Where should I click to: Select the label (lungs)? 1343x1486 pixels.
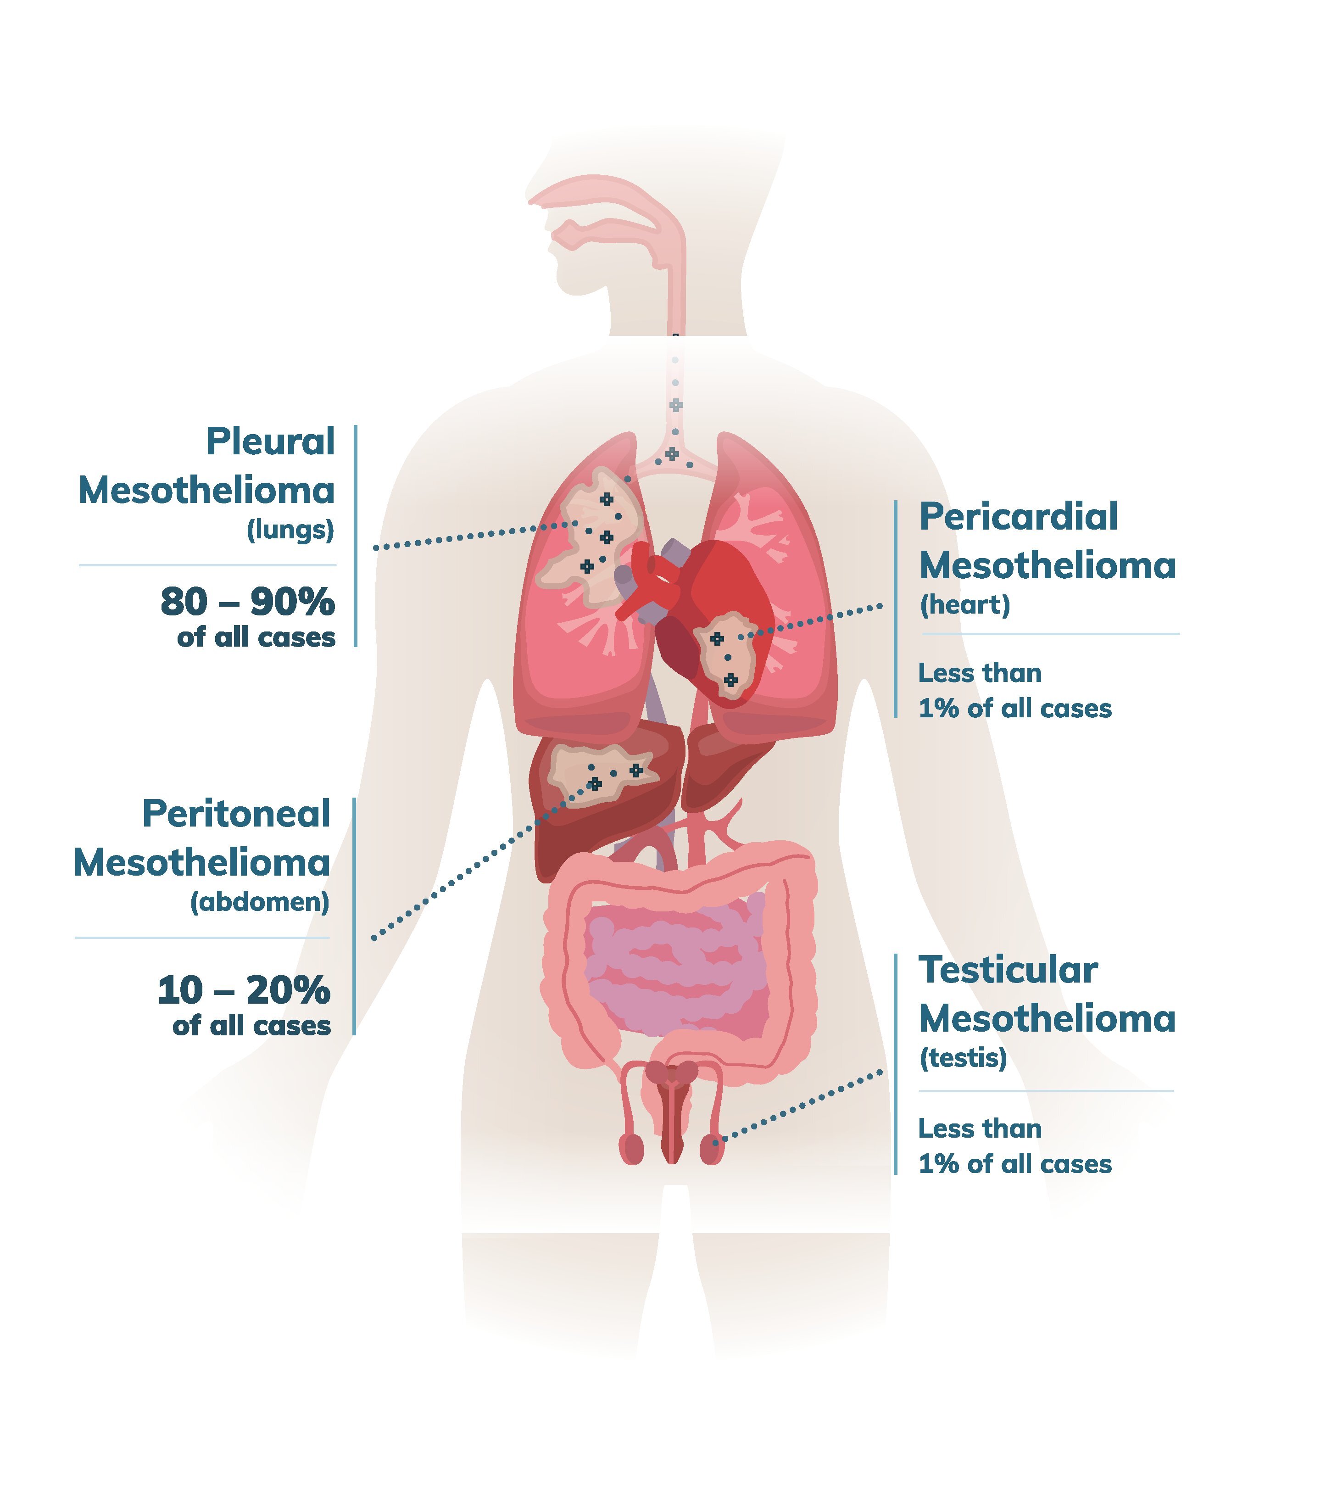pos(290,530)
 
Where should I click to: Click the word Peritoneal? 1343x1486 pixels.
pos(236,814)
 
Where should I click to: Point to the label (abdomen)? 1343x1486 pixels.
pos(259,902)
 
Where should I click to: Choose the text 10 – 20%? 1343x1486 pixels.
pos(243,990)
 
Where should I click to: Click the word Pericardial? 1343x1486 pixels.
pos(1018,517)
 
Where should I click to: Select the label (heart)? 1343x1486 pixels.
pos(964,604)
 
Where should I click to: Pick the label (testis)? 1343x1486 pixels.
pos(962,1058)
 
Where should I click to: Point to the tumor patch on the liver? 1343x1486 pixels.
pos(597,772)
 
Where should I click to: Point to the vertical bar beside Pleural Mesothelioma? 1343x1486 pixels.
pos(355,536)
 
